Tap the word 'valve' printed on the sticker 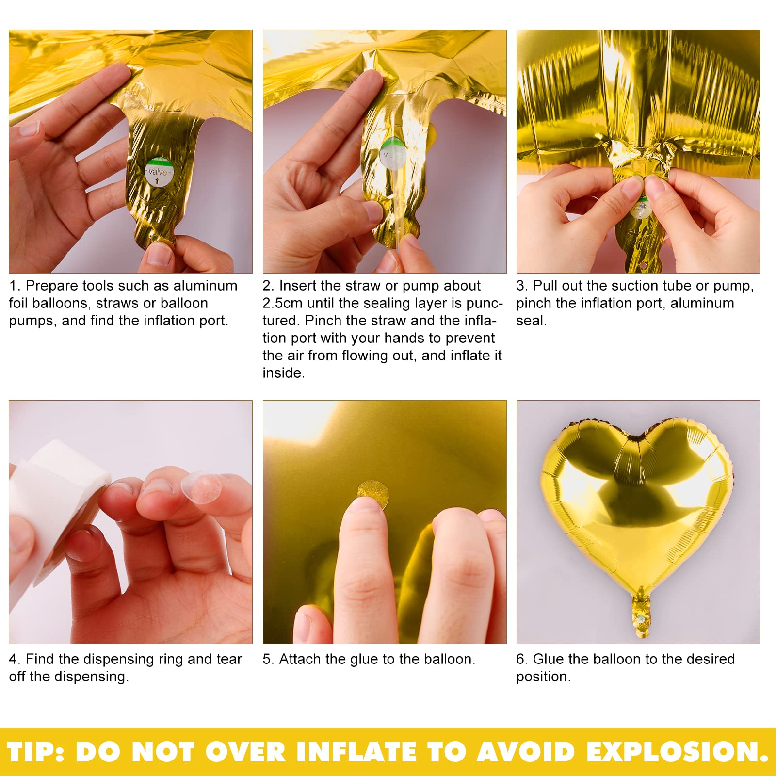158,172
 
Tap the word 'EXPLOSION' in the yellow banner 677,751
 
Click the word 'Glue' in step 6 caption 549,659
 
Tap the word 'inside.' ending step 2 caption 284,373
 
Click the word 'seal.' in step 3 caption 532,321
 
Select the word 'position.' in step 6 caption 544,677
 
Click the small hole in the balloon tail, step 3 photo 643,266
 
